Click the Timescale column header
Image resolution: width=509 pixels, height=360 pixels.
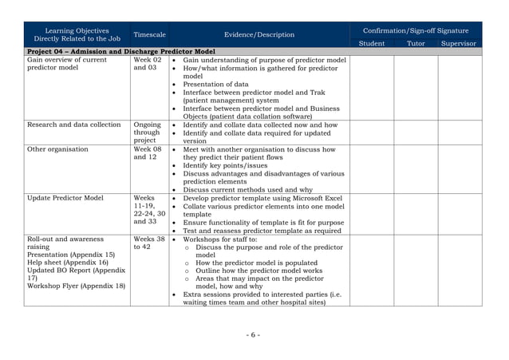pyautogui.click(x=149, y=35)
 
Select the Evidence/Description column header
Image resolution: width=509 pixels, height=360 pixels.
pyautogui.click(x=259, y=35)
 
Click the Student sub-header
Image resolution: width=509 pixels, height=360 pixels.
pyautogui.click(x=372, y=43)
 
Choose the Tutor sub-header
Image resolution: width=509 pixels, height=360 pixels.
pyautogui.click(x=416, y=43)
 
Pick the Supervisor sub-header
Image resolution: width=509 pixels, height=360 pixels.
pyautogui.click(x=459, y=43)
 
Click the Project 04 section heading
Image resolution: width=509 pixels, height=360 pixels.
pyautogui.click(x=120, y=52)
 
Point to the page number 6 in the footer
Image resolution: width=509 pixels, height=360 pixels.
pyautogui.click(x=254, y=334)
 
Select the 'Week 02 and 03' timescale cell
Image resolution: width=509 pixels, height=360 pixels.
pyautogui.click(x=148, y=64)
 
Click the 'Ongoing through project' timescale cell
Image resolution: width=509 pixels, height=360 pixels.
pyautogui.click(x=148, y=133)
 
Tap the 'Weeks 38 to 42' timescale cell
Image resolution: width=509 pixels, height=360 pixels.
pyautogui.click(x=149, y=243)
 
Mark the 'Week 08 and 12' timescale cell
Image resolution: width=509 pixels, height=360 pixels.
pyautogui.click(x=148, y=153)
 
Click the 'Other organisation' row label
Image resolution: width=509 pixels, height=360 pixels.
pyautogui.click(x=57, y=149)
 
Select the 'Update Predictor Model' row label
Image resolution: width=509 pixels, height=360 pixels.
pyautogui.click(x=65, y=198)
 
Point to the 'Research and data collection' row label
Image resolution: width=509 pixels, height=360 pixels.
pyautogui.click(x=74, y=125)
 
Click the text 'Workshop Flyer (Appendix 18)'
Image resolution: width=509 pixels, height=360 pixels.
pyautogui.click(x=76, y=286)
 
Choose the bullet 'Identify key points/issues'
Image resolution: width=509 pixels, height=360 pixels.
pyautogui.click(x=226, y=165)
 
